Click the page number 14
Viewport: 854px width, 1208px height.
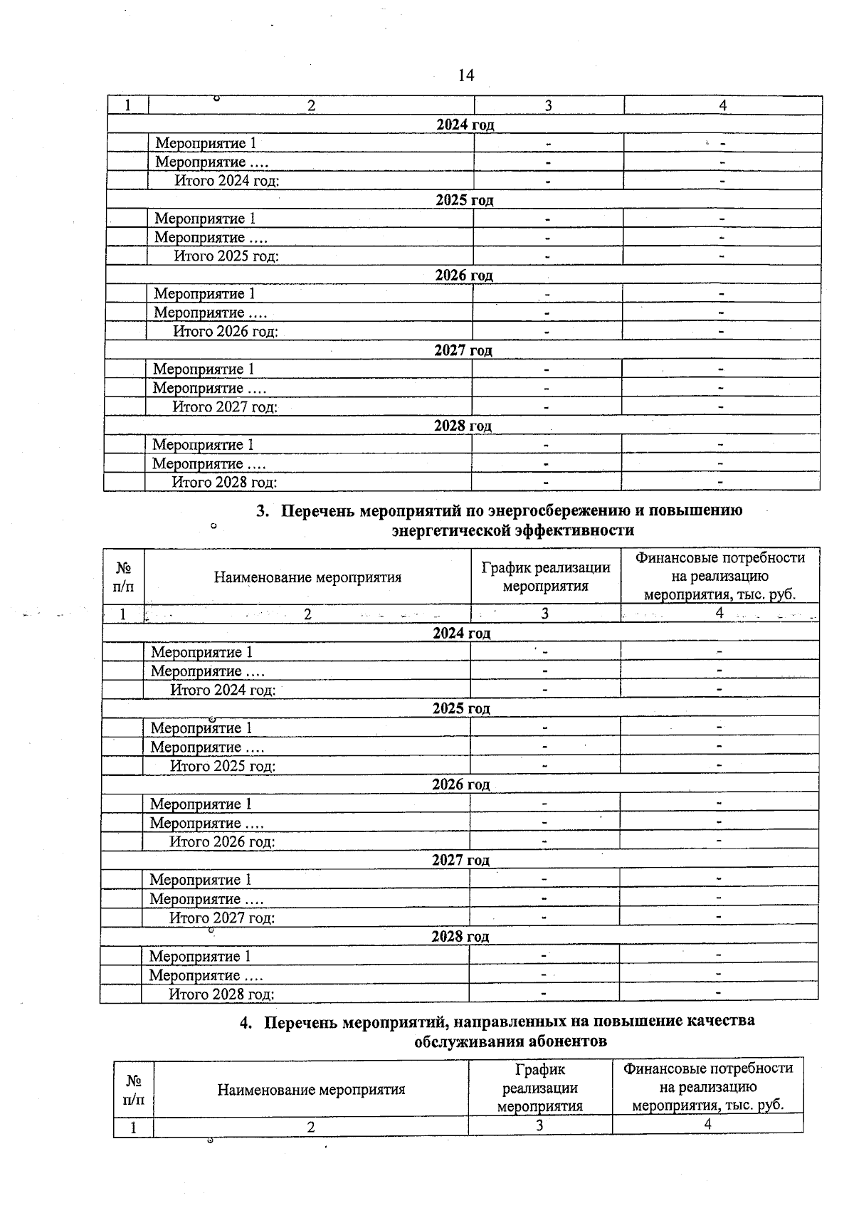tap(465, 75)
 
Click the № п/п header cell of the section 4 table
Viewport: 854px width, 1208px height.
tap(133, 1089)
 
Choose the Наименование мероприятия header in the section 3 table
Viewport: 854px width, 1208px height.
tap(307, 577)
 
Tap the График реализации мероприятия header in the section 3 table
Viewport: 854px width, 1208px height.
tap(545, 577)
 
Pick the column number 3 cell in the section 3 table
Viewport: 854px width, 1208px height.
tap(544, 614)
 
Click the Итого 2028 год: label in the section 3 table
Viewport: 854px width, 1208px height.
tap(221, 994)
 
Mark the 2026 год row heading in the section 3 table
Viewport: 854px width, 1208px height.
tap(460, 784)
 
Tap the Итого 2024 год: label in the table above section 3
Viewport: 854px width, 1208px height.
tap(226, 181)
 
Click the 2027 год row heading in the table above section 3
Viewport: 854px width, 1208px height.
tap(463, 350)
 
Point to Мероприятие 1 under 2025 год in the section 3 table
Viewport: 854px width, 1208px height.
tap(201, 728)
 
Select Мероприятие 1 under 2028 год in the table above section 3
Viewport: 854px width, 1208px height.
tap(203, 445)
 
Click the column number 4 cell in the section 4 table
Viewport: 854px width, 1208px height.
tap(707, 1124)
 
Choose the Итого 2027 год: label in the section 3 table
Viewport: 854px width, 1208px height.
tap(222, 918)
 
